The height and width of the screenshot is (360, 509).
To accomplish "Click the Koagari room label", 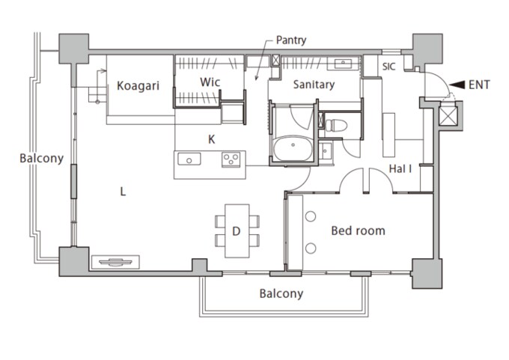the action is pyautogui.click(x=138, y=86).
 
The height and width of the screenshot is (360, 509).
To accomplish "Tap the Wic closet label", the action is pyautogui.click(x=210, y=82).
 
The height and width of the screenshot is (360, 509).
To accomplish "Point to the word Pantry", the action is pyautogui.click(x=291, y=40).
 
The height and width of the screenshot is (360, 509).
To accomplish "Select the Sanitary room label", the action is pyautogui.click(x=314, y=85).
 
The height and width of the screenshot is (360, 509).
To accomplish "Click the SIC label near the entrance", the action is pyautogui.click(x=388, y=67).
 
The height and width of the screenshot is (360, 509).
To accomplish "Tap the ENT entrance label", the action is pyautogui.click(x=479, y=85).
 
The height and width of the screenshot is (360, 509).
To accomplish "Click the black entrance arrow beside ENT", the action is pyautogui.click(x=457, y=85).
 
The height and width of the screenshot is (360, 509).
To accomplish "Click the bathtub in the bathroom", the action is pyautogui.click(x=293, y=148).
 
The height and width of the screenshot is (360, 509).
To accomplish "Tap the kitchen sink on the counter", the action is pyautogui.click(x=189, y=159).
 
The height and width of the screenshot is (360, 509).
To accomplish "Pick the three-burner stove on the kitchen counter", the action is pyautogui.click(x=231, y=159).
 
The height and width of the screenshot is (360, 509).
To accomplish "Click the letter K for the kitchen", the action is pyautogui.click(x=211, y=139).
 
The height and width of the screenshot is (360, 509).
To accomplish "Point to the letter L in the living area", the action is pyautogui.click(x=123, y=192).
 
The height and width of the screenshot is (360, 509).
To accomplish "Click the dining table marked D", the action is pyautogui.click(x=237, y=231).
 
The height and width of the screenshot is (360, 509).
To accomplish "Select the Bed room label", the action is pyautogui.click(x=358, y=231).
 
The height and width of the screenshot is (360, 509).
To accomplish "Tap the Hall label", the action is pyautogui.click(x=400, y=168).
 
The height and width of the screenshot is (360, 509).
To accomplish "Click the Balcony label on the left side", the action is pyautogui.click(x=42, y=158).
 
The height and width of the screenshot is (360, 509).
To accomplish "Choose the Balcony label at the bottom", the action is pyautogui.click(x=281, y=293).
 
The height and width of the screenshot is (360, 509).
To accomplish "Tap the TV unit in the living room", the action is pyautogui.click(x=115, y=262).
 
